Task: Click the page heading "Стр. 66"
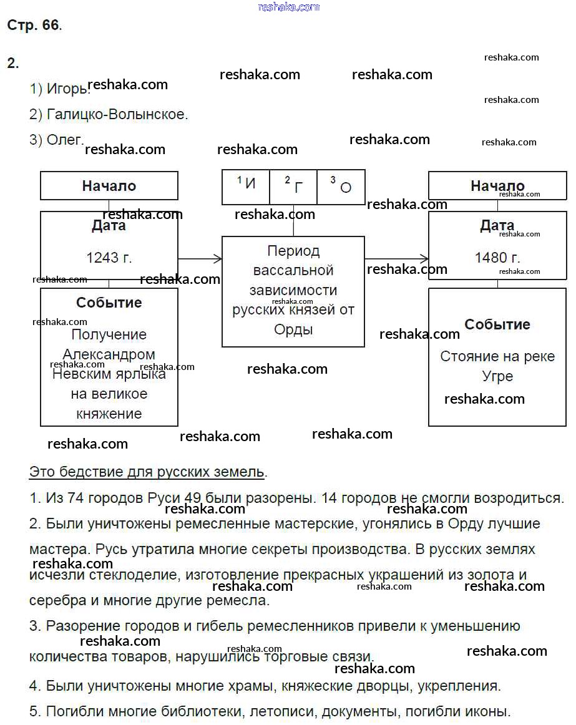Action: pyautogui.click(x=34, y=26)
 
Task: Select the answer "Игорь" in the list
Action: pyautogui.click(x=67, y=89)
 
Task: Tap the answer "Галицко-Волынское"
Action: pyautogui.click(x=117, y=115)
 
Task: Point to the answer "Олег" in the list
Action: pyautogui.click(x=64, y=140)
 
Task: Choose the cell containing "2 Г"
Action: pyautogui.click(x=294, y=185)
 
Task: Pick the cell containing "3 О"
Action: pyautogui.click(x=341, y=185)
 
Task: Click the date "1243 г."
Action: pyautogui.click(x=109, y=258)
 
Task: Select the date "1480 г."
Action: pyautogui.click(x=497, y=258)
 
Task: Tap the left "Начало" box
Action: pyautogui.click(x=109, y=186)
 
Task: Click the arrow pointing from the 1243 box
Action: pyautogui.click(x=200, y=258)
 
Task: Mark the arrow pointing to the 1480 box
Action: pyautogui.click(x=396, y=258)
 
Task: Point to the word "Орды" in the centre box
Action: pyautogui.click(x=293, y=330)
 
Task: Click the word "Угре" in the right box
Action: pyautogui.click(x=497, y=376)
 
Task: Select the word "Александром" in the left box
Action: pyautogui.click(x=109, y=354)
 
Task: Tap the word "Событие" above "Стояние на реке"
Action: pyautogui.click(x=497, y=324)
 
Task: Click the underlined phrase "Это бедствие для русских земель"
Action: pyautogui.click(x=147, y=472)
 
